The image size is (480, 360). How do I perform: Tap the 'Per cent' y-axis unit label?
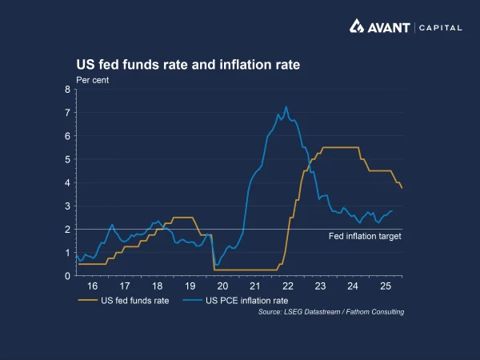coord(93,79)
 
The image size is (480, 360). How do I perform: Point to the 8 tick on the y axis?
coord(67,90)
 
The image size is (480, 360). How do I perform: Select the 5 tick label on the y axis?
coord(67,159)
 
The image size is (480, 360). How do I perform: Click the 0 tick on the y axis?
coord(67,276)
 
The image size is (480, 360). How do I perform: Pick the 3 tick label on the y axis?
coord(67,206)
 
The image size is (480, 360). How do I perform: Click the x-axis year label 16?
coord(92,286)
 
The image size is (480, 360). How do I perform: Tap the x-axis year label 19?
coord(190,286)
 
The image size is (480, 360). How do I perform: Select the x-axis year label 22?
coord(287,286)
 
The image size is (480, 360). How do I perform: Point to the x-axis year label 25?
coord(386,286)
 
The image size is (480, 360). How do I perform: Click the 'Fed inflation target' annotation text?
coord(365,236)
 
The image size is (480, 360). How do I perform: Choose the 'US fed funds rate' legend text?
coord(134,300)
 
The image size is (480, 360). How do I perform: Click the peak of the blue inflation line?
coord(286,107)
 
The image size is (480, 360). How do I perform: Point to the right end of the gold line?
coord(402,188)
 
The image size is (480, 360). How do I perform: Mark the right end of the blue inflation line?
coord(392,211)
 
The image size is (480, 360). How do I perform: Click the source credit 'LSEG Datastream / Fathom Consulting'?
coord(331,311)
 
